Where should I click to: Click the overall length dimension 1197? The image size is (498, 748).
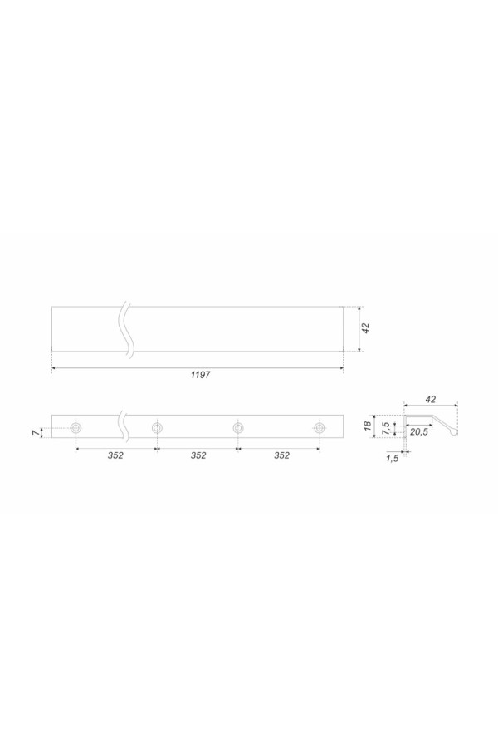200,375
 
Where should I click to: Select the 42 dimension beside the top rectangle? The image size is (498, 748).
365,328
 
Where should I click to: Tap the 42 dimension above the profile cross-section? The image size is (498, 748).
430,400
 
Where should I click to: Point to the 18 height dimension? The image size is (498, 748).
368,426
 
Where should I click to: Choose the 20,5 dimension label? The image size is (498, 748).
418,432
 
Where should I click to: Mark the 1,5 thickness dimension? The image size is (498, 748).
393,459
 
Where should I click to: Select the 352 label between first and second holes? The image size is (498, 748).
115,455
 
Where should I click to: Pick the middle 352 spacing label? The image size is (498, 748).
198,455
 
